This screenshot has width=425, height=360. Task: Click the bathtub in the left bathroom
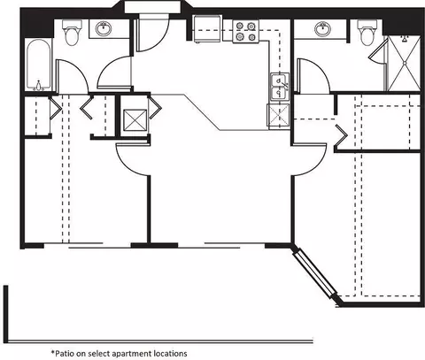[39, 65]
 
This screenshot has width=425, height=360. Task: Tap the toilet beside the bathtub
[72, 32]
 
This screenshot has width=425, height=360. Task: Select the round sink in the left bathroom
[104, 28]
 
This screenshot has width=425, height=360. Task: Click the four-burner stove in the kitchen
[245, 31]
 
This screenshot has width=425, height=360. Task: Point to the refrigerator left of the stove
[207, 29]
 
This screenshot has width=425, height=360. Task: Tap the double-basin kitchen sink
[279, 88]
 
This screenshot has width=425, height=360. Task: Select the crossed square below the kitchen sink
[278, 117]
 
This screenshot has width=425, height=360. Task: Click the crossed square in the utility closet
[135, 120]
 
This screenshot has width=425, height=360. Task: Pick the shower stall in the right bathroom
[404, 63]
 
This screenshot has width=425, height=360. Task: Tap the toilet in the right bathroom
[367, 32]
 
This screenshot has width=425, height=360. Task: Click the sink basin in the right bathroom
[322, 28]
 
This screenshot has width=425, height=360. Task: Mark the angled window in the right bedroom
[314, 272]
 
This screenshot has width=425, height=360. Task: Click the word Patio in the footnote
[65, 353]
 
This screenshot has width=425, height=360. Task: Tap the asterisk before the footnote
[53, 352]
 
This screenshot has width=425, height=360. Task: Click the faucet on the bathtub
[38, 86]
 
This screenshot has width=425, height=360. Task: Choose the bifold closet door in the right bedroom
[341, 135]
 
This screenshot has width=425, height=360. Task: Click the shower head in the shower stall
[404, 38]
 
